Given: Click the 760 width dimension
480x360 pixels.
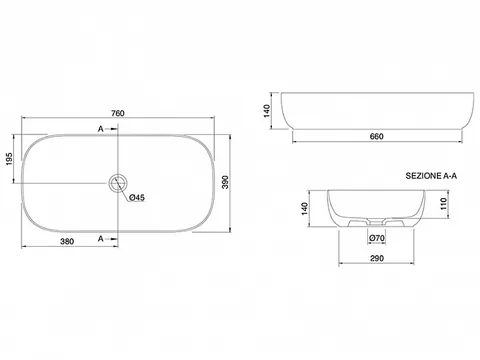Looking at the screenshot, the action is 118,113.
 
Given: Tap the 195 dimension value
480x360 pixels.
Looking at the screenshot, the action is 9,159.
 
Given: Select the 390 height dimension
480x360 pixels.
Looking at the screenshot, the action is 225,182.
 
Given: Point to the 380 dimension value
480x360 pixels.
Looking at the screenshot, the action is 67,241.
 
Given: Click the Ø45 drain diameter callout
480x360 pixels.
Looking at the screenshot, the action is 137,198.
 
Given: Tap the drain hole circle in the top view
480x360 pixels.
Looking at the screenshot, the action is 117,183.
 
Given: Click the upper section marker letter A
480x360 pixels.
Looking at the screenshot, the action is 100,129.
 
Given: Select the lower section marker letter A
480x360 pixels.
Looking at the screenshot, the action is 100,239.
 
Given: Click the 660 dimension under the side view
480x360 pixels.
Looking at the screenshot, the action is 377,136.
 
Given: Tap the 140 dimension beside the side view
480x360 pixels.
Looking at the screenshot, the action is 267,111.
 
